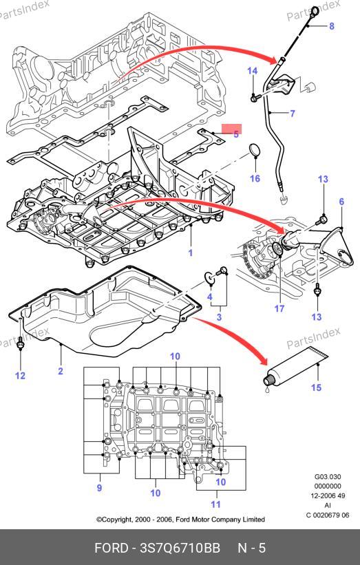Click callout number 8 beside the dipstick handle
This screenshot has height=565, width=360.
point(332,26)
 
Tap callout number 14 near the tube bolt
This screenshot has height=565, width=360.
point(252,71)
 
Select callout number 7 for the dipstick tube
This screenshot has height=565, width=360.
point(293,114)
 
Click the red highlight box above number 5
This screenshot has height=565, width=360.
point(231,129)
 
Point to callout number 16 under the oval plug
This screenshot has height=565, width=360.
point(255,178)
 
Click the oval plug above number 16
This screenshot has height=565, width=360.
point(255,151)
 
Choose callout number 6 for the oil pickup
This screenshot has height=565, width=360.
point(341,202)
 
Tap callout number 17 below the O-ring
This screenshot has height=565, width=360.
point(279,309)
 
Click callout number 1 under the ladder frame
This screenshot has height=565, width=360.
point(191,253)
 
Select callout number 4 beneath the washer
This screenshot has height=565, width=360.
point(210,297)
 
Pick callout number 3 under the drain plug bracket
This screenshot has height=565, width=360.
point(219,317)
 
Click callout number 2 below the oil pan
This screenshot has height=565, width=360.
point(61,371)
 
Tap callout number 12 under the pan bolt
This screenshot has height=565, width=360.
point(20,376)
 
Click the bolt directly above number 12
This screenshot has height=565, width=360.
point(21,345)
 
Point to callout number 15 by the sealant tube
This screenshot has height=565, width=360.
point(316,387)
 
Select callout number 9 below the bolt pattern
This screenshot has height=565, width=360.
point(99,488)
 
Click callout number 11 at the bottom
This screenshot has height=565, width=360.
point(215,504)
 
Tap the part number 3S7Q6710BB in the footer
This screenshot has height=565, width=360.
point(180,548)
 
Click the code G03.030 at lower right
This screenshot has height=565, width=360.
point(328,477)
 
